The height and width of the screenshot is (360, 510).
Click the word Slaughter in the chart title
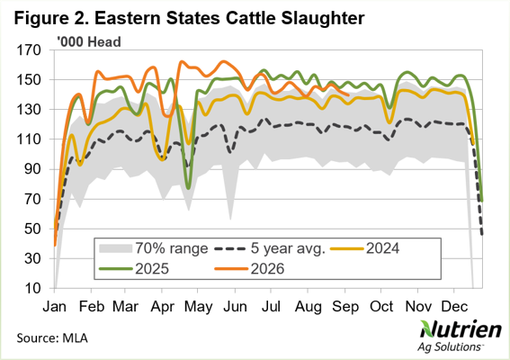[323, 18]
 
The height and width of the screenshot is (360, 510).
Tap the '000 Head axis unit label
[89, 42]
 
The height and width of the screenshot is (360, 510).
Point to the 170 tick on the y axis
[30, 50]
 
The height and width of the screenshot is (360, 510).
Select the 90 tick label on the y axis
[33, 169]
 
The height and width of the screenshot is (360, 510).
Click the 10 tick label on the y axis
[33, 288]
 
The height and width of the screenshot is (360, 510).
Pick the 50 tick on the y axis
[33, 229]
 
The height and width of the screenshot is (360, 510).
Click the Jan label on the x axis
[55, 307]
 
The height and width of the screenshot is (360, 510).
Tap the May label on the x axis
[199, 307]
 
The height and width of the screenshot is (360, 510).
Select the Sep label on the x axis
[345, 307]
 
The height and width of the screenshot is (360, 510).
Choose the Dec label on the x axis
[455, 307]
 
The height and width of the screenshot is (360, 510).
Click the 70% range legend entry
[154, 248]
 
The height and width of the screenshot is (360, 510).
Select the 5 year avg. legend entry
[270, 248]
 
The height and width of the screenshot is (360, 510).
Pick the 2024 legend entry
[365, 248]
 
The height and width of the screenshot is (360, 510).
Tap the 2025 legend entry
[134, 269]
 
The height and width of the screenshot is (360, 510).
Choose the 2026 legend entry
[249, 269]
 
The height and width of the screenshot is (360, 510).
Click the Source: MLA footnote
[52, 337]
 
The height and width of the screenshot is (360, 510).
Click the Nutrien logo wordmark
[461, 329]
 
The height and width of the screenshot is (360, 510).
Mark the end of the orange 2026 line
[348, 95]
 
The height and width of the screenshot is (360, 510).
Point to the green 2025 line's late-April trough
[188, 188]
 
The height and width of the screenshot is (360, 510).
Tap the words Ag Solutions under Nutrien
[449, 347]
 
